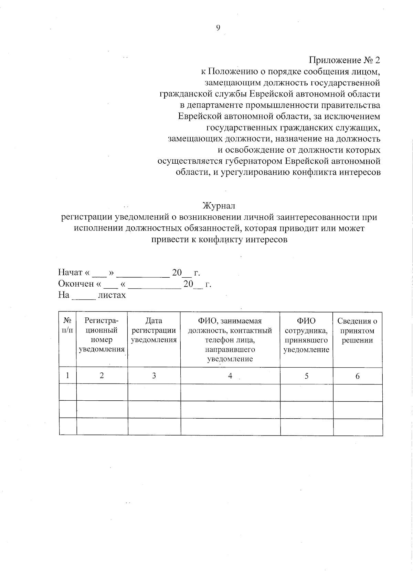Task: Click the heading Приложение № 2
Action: point(345,60)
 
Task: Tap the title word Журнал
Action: point(219,206)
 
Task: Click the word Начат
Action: point(70,273)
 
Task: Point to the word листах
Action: point(112,295)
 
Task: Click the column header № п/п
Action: point(67,326)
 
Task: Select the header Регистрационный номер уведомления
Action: point(102,335)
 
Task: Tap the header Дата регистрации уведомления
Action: point(154,330)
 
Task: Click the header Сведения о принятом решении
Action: point(357,330)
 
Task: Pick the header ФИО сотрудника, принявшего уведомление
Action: point(306,335)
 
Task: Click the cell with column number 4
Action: point(230,376)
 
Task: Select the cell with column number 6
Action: point(357,376)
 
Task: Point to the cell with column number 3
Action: point(154,376)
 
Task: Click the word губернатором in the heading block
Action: point(252,161)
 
